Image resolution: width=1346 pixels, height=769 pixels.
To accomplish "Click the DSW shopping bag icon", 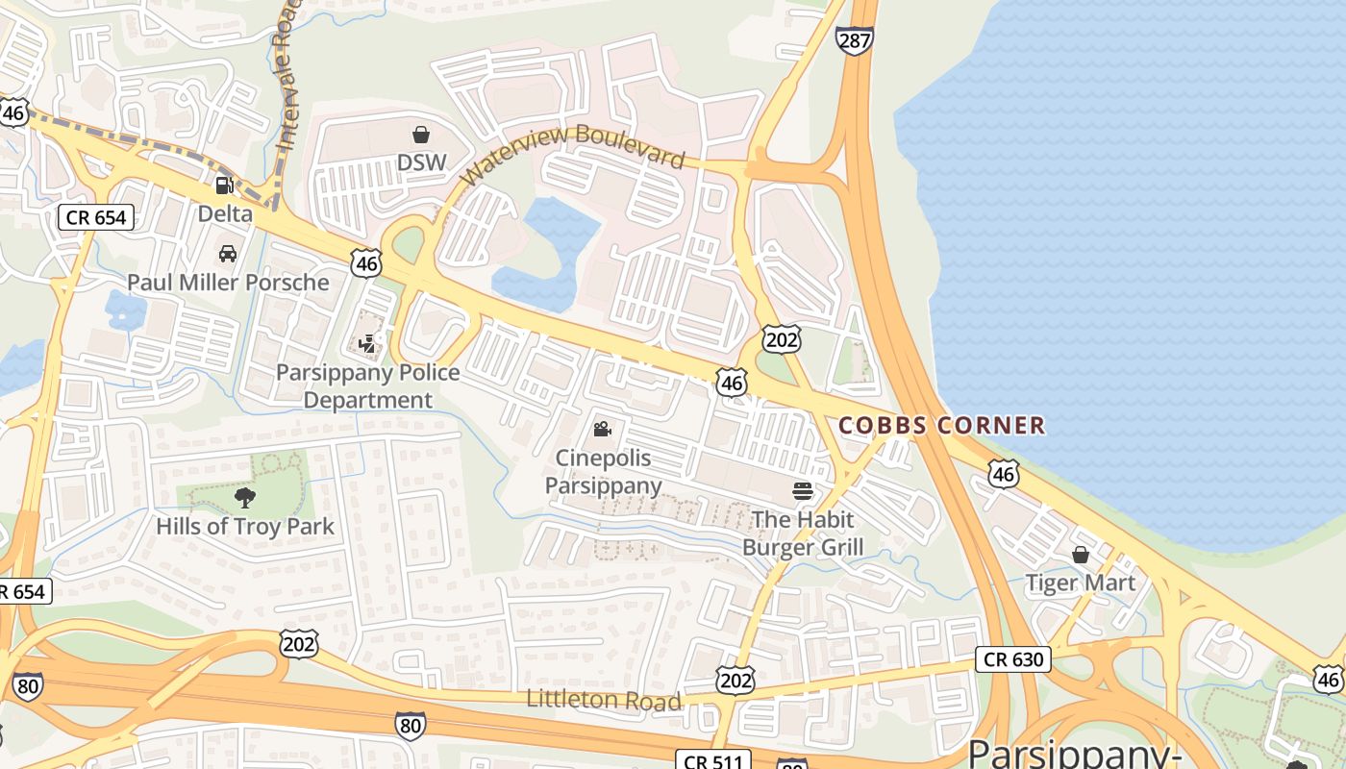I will click(x=421, y=135).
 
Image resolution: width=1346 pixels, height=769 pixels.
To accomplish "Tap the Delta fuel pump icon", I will click(x=224, y=186).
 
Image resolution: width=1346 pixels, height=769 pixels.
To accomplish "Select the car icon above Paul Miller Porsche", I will click(x=228, y=254).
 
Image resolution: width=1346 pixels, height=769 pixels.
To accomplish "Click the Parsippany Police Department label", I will click(x=368, y=386).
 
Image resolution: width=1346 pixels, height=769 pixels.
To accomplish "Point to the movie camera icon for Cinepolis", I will click(x=603, y=429).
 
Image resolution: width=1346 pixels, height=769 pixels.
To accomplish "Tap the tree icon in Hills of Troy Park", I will click(x=245, y=498).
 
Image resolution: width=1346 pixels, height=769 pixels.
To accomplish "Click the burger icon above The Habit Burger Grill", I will click(x=803, y=491).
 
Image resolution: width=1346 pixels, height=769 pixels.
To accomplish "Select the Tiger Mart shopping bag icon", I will click(x=1081, y=555).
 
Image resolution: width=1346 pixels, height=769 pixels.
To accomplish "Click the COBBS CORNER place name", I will click(x=941, y=425).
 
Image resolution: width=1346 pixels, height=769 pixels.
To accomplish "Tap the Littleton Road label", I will click(x=604, y=700).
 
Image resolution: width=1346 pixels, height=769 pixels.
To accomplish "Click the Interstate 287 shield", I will click(x=854, y=40).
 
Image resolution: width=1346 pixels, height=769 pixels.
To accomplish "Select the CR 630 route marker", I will click(x=1013, y=659).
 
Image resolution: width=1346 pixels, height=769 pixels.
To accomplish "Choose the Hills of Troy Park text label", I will click(x=245, y=527).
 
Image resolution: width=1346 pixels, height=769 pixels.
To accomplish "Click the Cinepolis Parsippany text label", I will click(x=604, y=472).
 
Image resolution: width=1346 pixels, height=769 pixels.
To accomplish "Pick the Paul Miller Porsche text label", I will click(x=228, y=283).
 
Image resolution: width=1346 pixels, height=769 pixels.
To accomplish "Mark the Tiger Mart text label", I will click(x=1081, y=583).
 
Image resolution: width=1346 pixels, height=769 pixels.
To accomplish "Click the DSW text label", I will click(x=421, y=162).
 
